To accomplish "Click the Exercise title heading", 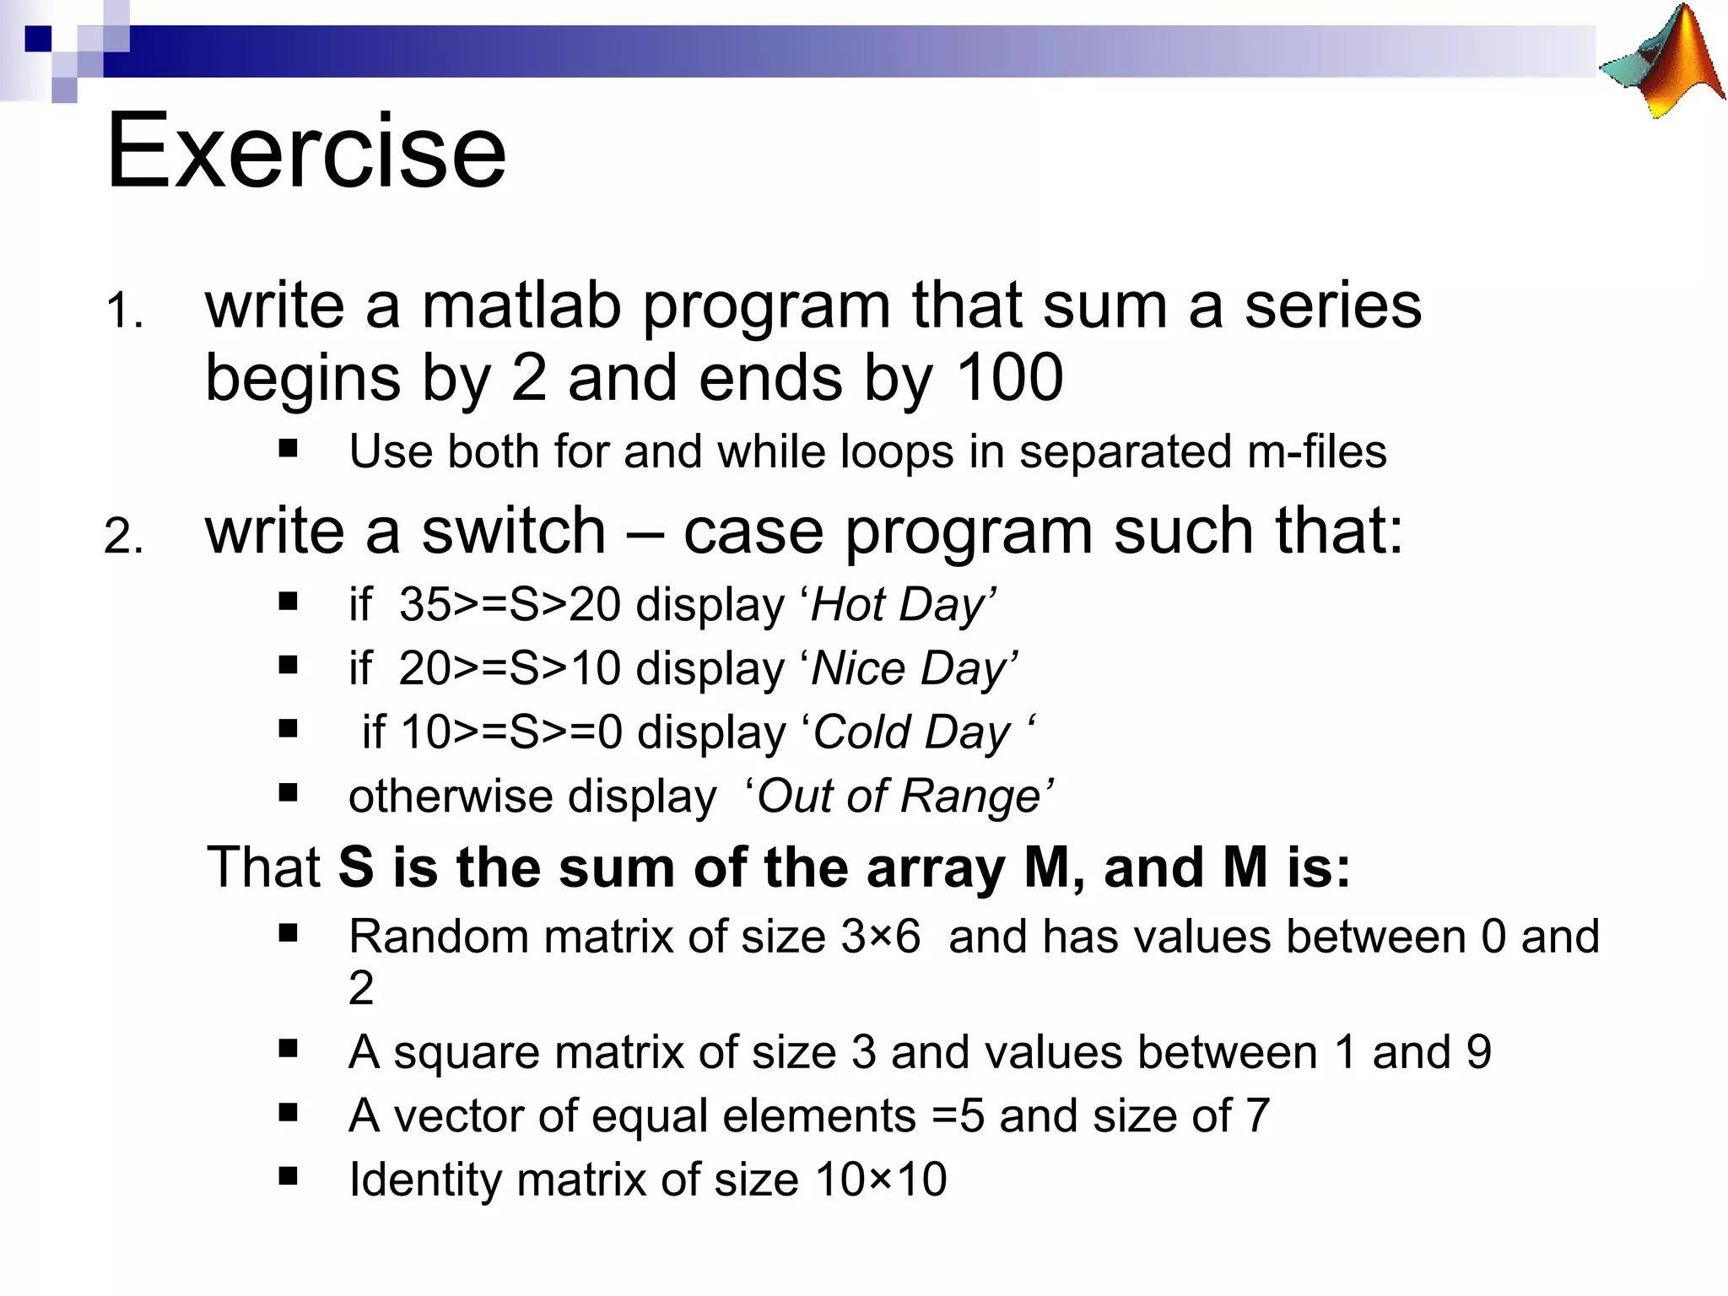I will (305, 152).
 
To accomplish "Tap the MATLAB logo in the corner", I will (1662, 63).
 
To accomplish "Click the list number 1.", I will (124, 310).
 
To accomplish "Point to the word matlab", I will (521, 305).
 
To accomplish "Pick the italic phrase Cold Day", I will (911, 732).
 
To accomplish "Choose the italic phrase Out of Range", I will (899, 796).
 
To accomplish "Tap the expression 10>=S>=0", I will (510, 732).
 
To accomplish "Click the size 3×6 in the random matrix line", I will (880, 937).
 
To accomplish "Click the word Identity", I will (426, 1180).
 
